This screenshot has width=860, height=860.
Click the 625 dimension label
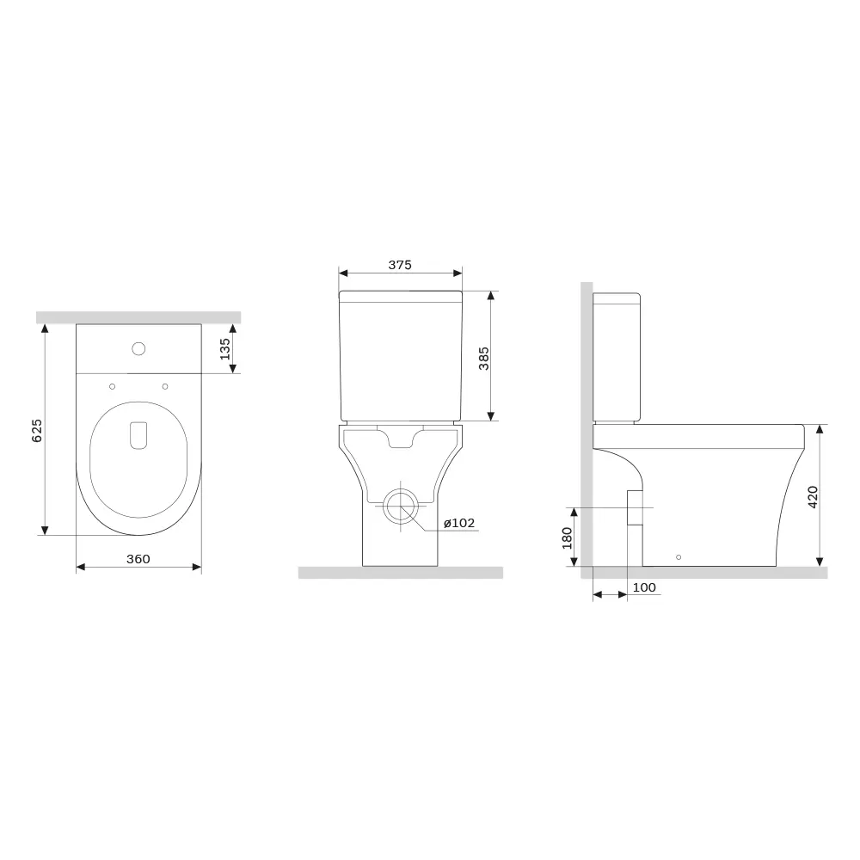37,430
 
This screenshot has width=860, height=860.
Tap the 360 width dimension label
138,559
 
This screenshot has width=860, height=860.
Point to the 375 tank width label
399,265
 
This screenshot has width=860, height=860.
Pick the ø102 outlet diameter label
458,523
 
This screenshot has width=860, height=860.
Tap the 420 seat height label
813,497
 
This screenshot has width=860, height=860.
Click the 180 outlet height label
566,537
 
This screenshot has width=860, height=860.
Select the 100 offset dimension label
644,587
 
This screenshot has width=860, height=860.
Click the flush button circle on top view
138,349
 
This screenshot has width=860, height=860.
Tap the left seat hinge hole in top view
112,385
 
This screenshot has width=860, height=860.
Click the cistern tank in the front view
400,357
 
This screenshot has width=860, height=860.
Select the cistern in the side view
617,357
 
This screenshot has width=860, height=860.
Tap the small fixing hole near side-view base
679,556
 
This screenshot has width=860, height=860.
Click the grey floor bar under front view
400,573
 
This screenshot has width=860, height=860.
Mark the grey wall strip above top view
138,317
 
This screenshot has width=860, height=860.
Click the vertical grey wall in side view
586,430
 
